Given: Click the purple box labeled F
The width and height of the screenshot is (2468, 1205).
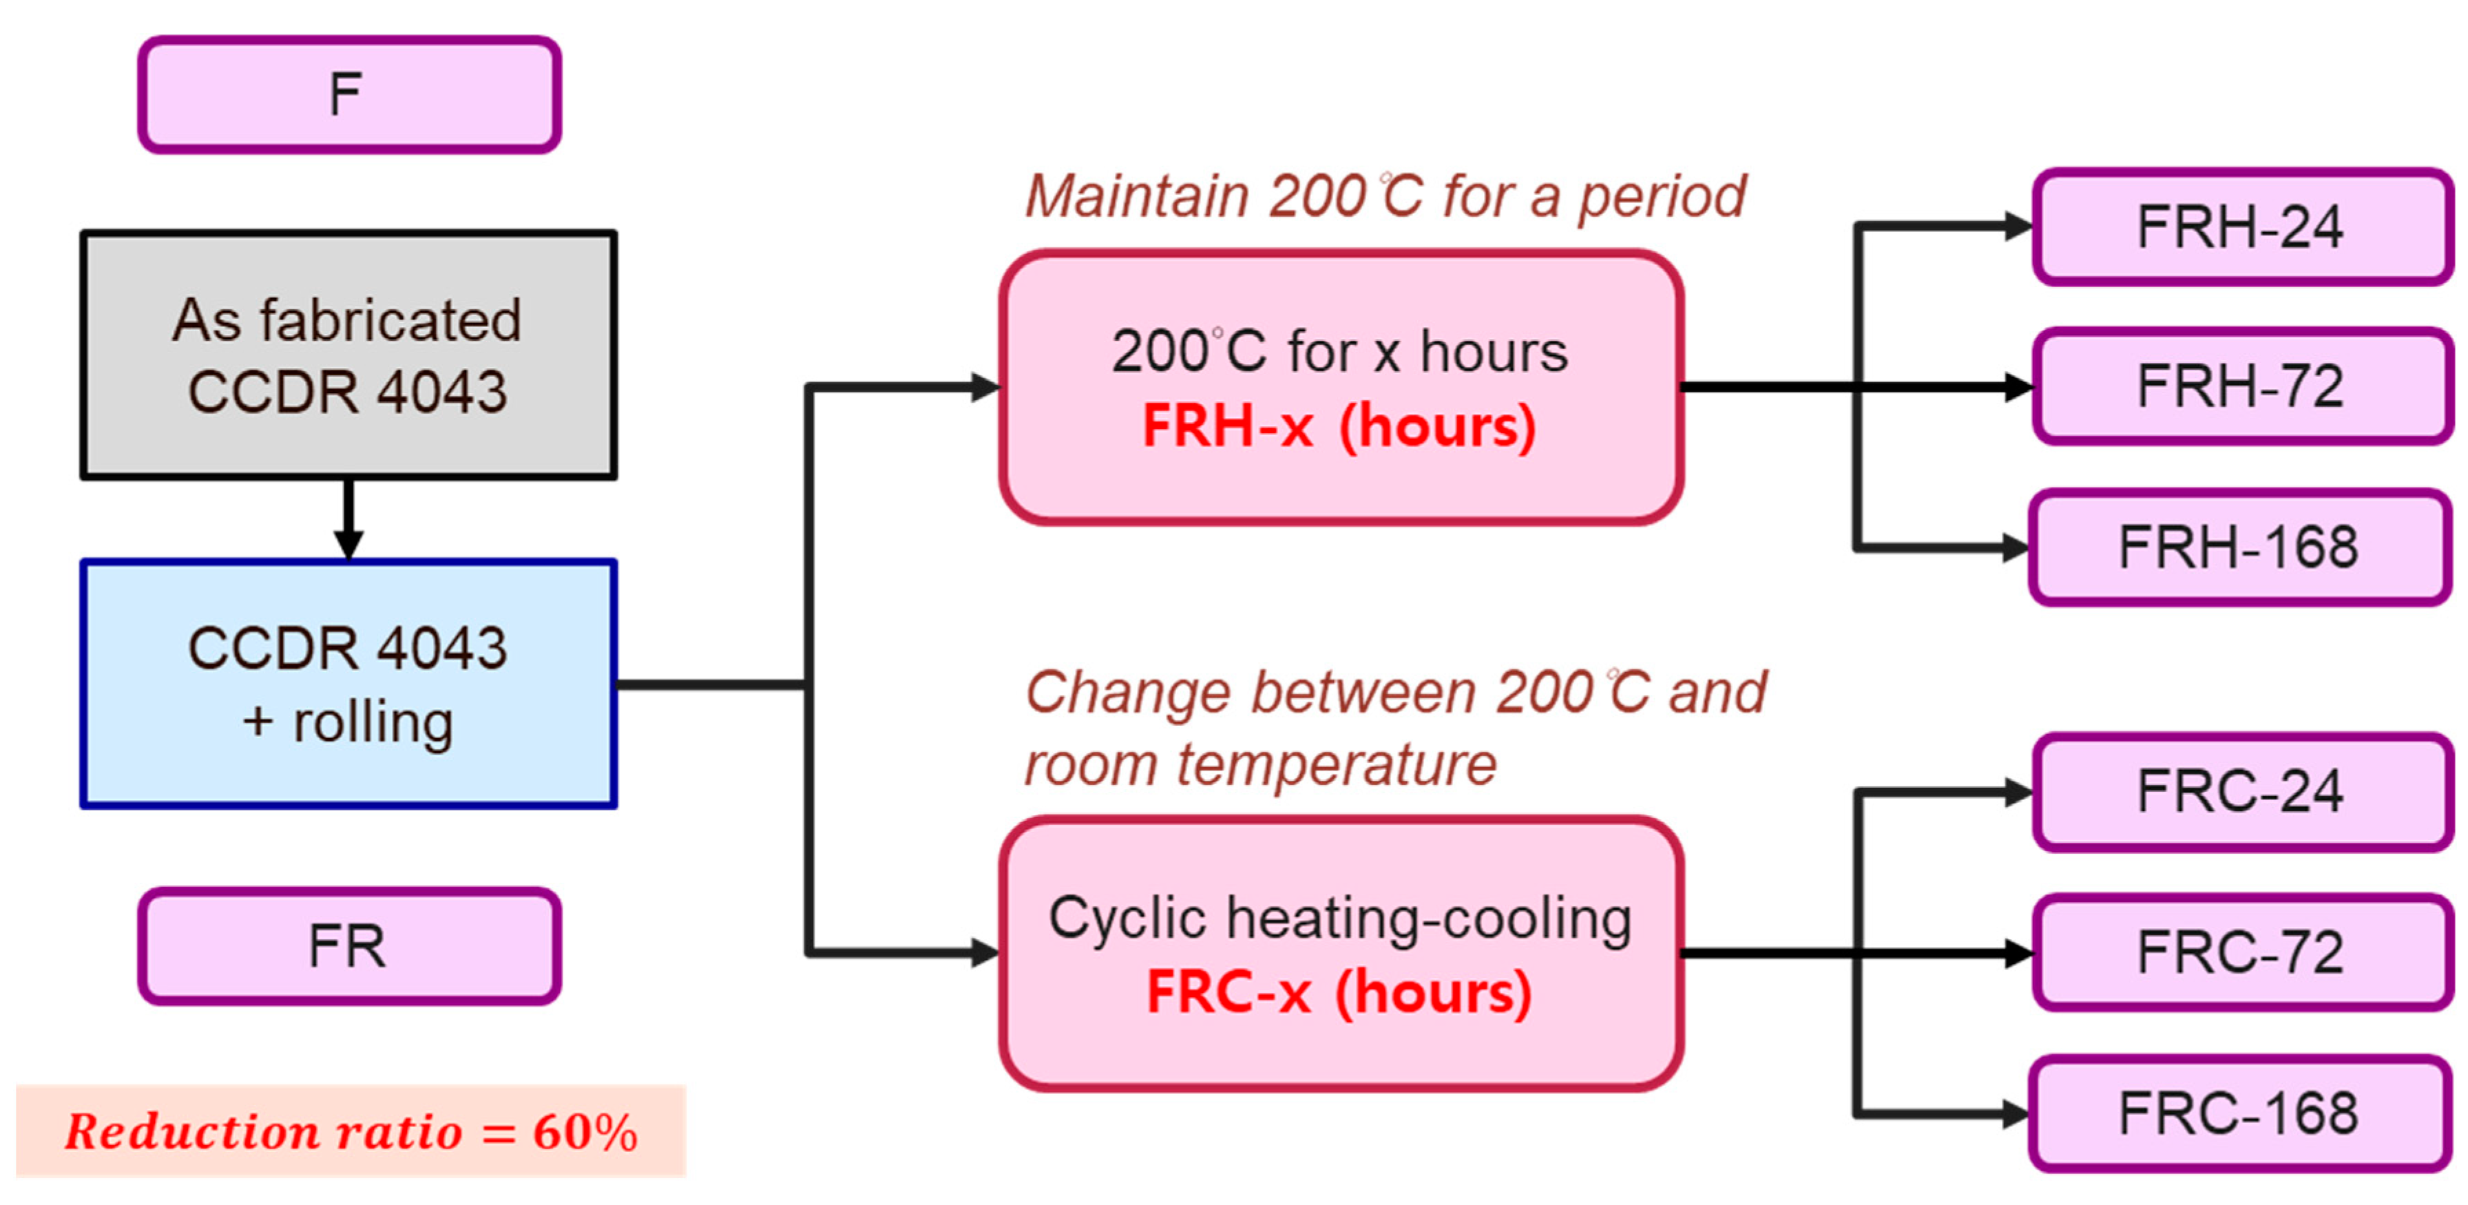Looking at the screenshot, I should [348, 95].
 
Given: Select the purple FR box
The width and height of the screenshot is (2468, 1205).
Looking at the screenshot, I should [348, 945].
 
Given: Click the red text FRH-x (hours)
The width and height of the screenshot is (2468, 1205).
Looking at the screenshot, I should [1339, 426].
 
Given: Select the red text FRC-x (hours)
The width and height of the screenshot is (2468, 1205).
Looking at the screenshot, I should [1339, 992].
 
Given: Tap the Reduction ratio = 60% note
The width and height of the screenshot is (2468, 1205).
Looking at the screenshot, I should [351, 1131].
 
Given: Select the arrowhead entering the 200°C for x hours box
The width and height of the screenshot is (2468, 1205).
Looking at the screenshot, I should [985, 387].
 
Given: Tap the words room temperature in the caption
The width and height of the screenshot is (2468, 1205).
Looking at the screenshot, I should [1260, 765].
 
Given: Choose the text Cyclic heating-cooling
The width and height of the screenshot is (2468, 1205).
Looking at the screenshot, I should [1339, 919].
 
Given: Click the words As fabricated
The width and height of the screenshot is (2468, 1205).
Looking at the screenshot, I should [347, 320].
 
